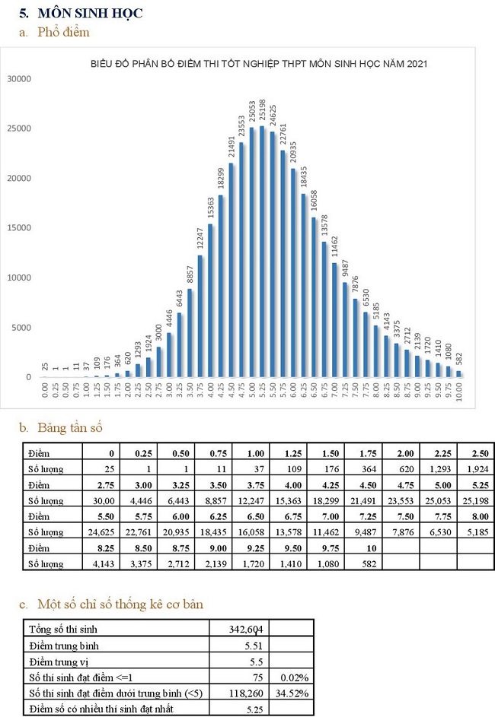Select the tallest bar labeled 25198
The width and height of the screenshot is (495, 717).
pyautogui.click(x=262, y=251)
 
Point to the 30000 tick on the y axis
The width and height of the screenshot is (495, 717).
pyautogui.click(x=18, y=78)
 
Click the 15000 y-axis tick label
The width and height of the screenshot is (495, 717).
pyautogui.click(x=18, y=228)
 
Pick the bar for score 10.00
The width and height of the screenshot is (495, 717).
pyautogui.click(x=459, y=373)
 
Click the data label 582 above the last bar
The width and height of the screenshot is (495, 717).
pyautogui.click(x=459, y=357)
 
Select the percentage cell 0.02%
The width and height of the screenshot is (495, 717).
pyautogui.click(x=293, y=677)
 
